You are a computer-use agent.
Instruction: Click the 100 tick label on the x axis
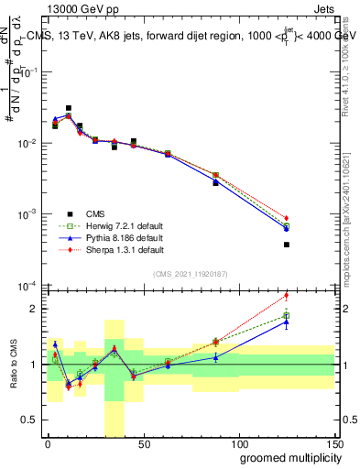pos(238,443)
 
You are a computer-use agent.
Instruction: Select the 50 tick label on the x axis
pos(143,443)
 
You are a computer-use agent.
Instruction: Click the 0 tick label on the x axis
pos(48,443)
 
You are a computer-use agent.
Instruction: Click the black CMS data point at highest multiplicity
pos(286,245)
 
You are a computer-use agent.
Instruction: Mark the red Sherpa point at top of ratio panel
pos(286,295)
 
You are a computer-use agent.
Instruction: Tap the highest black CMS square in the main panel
pos(69,108)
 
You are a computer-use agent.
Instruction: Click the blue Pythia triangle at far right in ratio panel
pos(286,322)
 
